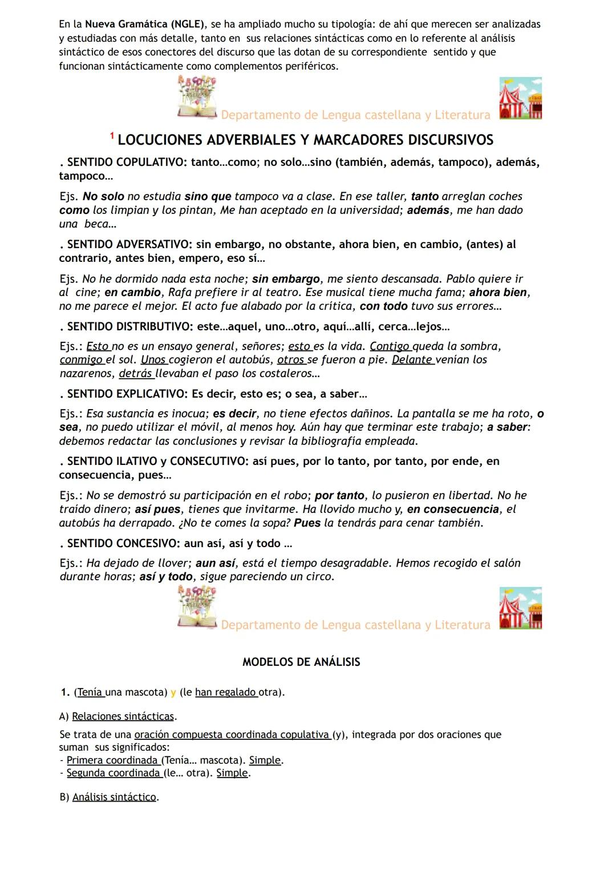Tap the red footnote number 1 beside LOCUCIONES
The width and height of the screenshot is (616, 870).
tap(112, 136)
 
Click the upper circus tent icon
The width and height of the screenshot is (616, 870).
tap(520, 98)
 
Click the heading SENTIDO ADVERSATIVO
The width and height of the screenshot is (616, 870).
tap(128, 244)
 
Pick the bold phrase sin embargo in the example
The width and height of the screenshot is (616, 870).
tap(286, 279)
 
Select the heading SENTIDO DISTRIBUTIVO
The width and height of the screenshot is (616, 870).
tap(129, 327)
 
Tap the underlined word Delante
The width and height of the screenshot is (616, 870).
tap(412, 360)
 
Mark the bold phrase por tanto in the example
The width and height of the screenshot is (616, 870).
tap(339, 495)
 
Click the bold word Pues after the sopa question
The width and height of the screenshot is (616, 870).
tap(307, 523)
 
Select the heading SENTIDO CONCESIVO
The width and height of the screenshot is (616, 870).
tap(123, 543)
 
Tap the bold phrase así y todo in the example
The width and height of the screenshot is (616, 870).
tap(166, 576)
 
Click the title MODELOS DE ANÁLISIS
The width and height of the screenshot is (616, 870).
tap(301, 662)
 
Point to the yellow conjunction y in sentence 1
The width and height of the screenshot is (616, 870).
tap(173, 693)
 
